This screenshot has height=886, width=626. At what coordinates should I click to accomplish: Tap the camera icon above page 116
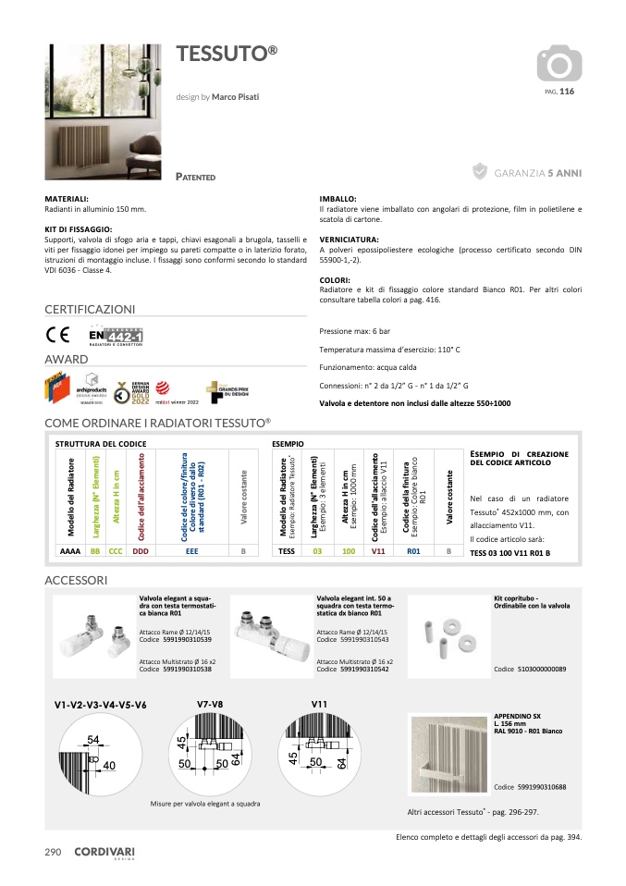pos(559,64)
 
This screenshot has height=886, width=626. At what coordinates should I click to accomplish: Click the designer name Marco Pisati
pos(235,96)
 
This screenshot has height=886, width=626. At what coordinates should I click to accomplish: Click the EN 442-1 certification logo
pos(116,338)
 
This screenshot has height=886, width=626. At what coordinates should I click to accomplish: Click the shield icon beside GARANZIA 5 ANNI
pos(480,171)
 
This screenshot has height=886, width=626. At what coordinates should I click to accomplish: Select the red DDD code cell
pos(141,550)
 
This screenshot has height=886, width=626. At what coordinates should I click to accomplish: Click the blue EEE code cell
pos(192,550)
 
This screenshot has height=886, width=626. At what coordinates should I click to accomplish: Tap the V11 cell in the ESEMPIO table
pos(377,550)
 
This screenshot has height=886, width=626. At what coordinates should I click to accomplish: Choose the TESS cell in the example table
pos(287,550)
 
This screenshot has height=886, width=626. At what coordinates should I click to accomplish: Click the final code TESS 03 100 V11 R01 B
pos(510,552)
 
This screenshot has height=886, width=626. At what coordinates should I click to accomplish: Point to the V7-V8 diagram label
pos(210,705)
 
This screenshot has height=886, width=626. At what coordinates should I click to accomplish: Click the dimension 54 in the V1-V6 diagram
pos(93,740)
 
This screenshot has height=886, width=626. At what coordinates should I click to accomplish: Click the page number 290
pos(53,852)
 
